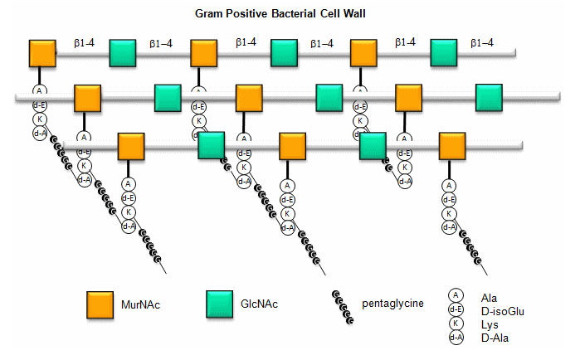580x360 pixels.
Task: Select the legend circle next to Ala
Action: (x=456, y=295)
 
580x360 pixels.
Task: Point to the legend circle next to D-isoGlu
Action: (x=456, y=309)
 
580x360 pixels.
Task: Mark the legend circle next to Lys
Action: (x=456, y=324)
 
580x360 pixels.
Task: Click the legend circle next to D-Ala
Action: (x=456, y=337)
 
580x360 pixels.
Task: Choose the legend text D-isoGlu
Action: (x=501, y=310)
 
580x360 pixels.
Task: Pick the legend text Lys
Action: (x=488, y=324)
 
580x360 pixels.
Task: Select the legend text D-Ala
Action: (x=493, y=338)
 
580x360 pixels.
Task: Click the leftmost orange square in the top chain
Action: (x=43, y=52)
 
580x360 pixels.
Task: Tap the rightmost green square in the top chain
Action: (x=444, y=52)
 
